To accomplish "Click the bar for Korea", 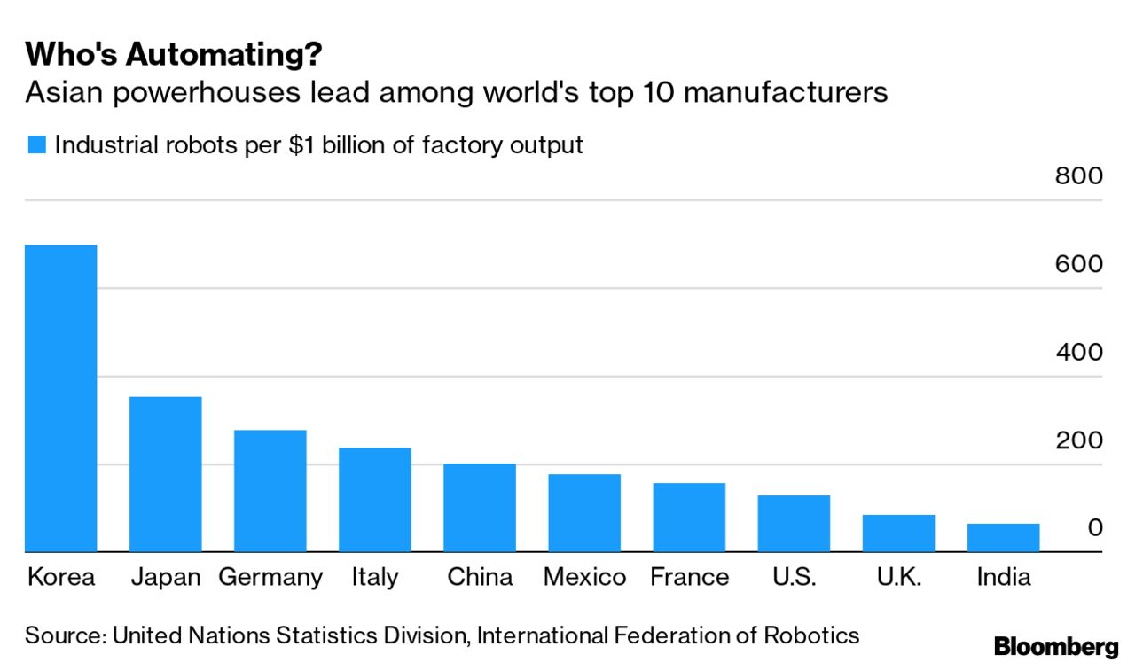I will (x=60, y=399).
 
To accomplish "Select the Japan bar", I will (x=165, y=474).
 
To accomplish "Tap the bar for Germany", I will (x=270, y=491).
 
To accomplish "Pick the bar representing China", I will (x=480, y=508).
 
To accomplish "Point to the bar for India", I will (x=1003, y=538).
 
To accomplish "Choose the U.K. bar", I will (x=898, y=534).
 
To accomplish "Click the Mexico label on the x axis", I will (x=584, y=578).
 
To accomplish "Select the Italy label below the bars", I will (x=374, y=578).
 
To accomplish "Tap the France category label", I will (x=689, y=578).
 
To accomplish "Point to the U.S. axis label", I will (x=794, y=578).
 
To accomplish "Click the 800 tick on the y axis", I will (x=1078, y=175).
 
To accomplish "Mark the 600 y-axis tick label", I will (x=1078, y=264).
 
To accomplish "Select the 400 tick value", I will (x=1078, y=352).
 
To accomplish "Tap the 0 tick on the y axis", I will (x=1095, y=528).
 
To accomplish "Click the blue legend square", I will (x=36, y=145).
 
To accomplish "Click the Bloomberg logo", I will (x=1056, y=647).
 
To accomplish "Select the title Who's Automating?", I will (x=173, y=55).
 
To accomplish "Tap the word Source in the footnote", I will (x=62, y=635).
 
